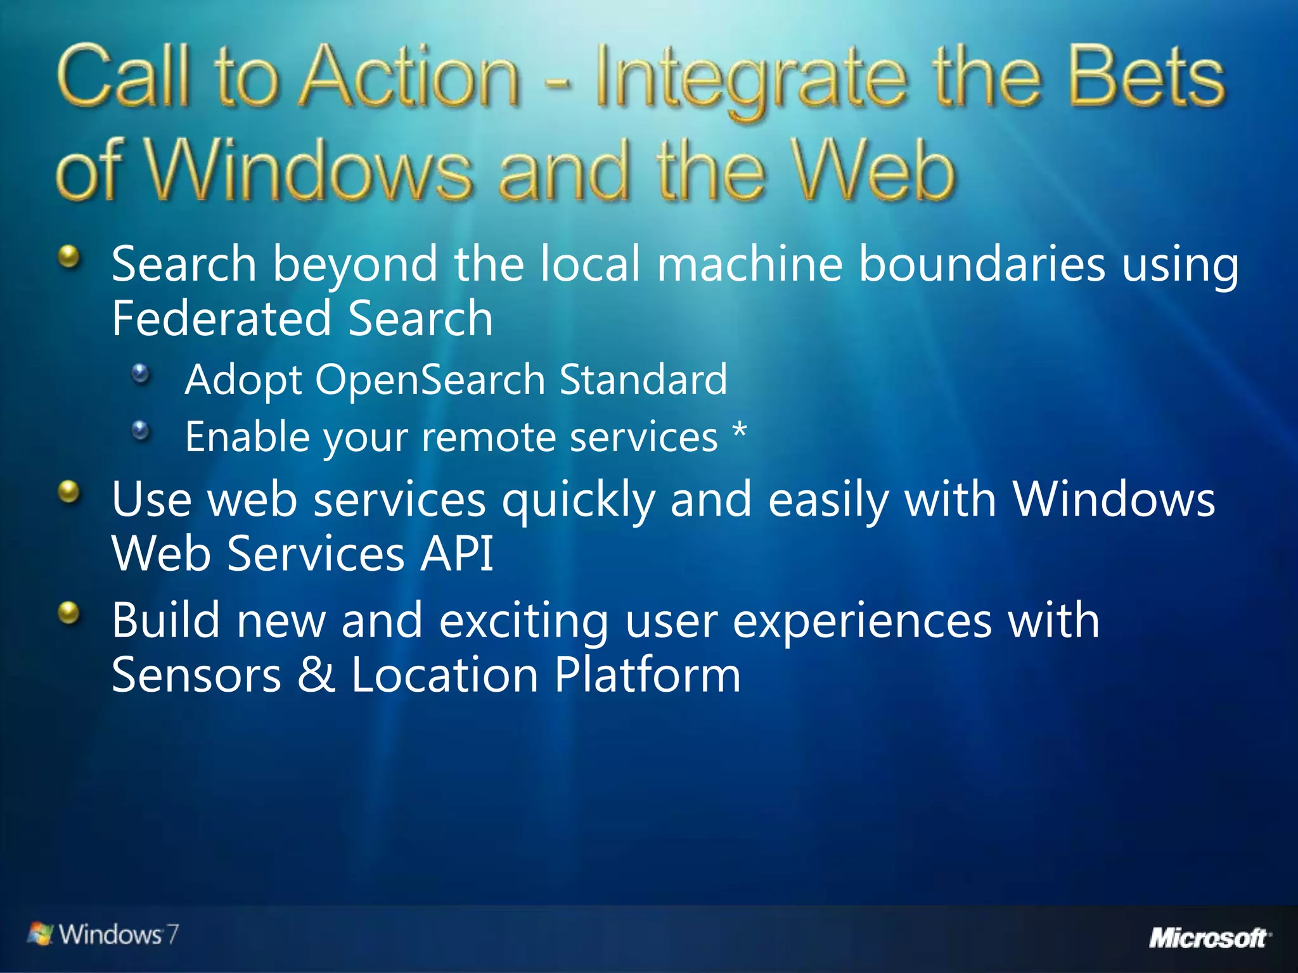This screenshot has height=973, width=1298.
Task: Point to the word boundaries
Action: (x=982, y=264)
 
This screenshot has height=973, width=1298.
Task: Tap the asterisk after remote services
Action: (x=739, y=433)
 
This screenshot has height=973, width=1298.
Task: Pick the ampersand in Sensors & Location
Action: (x=316, y=674)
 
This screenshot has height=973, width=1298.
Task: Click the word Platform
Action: (x=647, y=674)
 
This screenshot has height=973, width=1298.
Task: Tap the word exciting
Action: (x=524, y=621)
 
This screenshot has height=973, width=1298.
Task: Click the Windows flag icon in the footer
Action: (x=41, y=934)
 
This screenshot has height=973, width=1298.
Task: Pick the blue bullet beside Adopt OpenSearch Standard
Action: (x=141, y=373)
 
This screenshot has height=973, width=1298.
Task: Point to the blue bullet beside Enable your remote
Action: (x=141, y=431)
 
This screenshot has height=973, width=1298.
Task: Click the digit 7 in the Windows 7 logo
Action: (x=172, y=934)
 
